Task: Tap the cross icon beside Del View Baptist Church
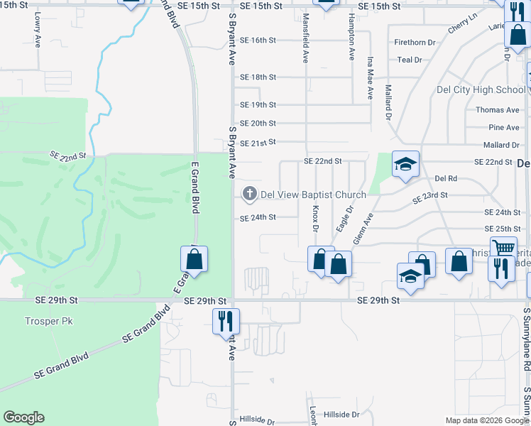pyautogui.click(x=249, y=193)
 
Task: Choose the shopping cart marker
pyautogui.click(x=503, y=248)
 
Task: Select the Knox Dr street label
pyautogui.click(x=314, y=219)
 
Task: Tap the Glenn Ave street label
pyautogui.click(x=363, y=229)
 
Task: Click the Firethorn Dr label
pyautogui.click(x=415, y=43)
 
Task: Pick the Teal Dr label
pyautogui.click(x=410, y=60)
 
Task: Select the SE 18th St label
pyautogui.click(x=258, y=77)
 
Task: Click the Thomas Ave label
pyautogui.click(x=498, y=110)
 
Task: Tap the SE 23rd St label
pyautogui.click(x=430, y=195)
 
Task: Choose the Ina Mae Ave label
pyautogui.click(x=370, y=78)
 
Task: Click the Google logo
pyautogui.click(x=23, y=417)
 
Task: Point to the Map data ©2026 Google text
pyautogui.click(x=486, y=420)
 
